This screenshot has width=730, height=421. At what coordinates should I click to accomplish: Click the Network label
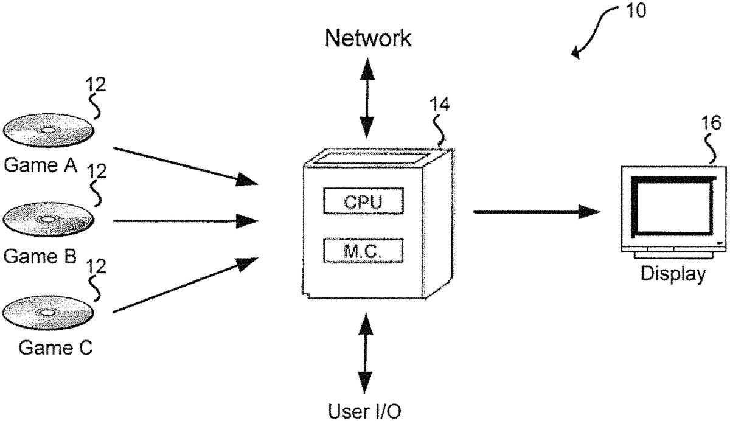(367, 38)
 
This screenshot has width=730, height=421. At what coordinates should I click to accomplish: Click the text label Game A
(40, 165)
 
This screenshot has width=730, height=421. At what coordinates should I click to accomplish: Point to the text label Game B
(40, 256)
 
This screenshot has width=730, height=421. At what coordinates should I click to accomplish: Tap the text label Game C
(55, 347)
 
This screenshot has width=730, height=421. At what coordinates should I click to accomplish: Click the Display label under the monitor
(673, 274)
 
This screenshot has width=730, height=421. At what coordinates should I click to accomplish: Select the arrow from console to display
(535, 212)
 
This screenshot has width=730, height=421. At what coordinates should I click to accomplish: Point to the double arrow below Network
(366, 98)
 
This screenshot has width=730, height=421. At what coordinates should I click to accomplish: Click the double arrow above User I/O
(366, 353)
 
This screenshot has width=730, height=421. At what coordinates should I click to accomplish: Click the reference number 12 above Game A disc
(96, 85)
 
